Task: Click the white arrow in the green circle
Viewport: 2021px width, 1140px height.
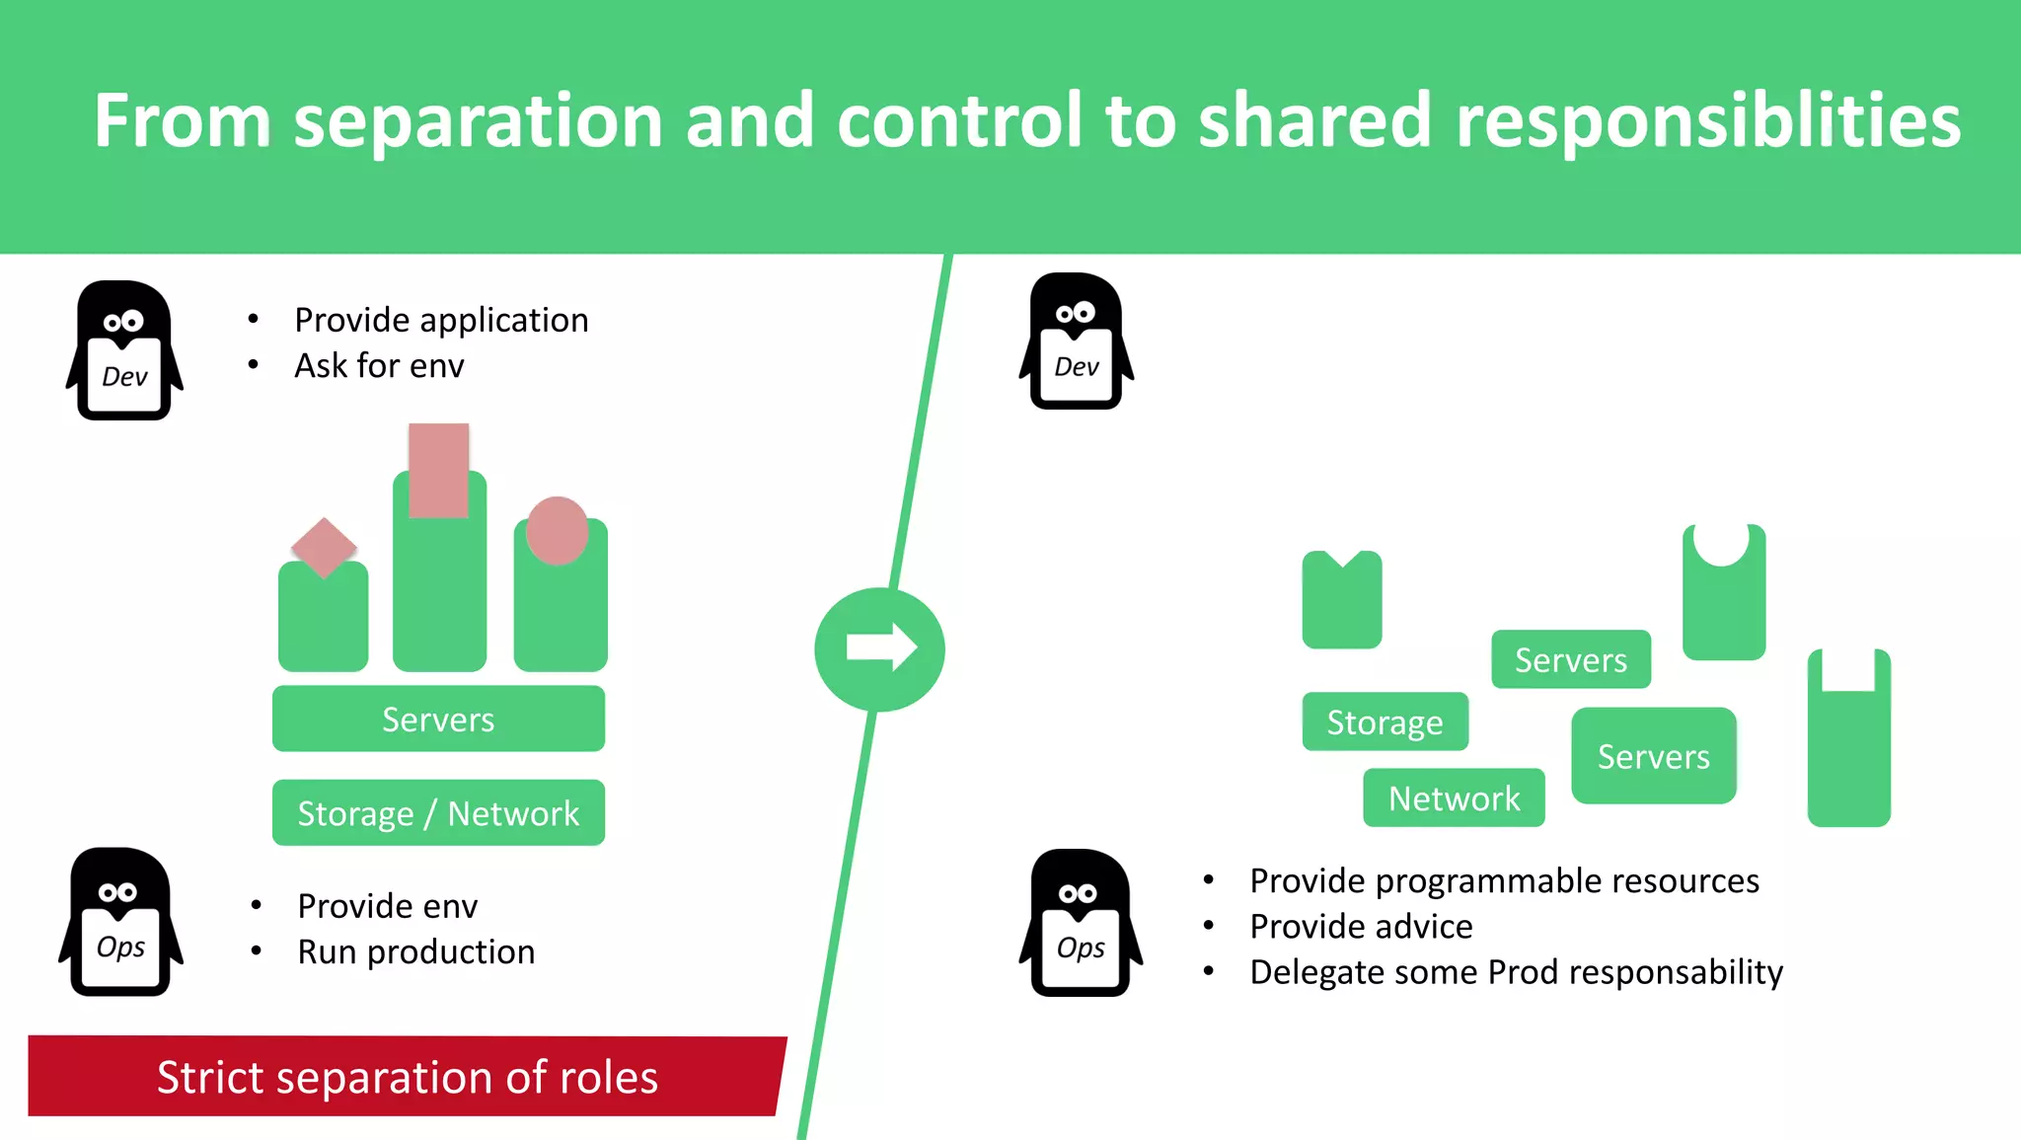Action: click(x=881, y=647)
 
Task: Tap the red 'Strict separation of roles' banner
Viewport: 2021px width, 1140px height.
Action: click(x=407, y=1076)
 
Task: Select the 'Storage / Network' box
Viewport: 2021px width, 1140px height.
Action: click(x=438, y=812)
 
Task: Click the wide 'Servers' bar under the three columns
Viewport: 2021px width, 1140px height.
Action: click(x=438, y=719)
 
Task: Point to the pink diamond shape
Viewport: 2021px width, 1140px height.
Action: click(x=324, y=546)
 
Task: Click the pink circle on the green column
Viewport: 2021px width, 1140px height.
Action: click(x=557, y=530)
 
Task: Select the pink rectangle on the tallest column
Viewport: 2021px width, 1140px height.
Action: click(x=438, y=470)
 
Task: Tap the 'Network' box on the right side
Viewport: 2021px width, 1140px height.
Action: click(x=1454, y=798)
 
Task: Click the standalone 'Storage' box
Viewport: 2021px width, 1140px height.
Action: click(x=1385, y=722)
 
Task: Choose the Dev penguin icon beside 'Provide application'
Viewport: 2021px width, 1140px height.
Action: click(x=124, y=351)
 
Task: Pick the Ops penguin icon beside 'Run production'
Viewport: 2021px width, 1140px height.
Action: click(x=120, y=922)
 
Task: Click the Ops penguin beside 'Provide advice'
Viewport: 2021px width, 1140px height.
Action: click(x=1081, y=924)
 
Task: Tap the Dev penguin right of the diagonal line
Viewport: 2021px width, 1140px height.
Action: click(x=1076, y=342)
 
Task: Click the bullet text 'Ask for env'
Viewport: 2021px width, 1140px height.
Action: click(x=379, y=366)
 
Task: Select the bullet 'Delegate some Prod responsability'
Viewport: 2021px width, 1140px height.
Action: click(x=1516, y=972)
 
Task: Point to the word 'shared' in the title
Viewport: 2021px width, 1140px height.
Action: click(x=1314, y=120)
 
